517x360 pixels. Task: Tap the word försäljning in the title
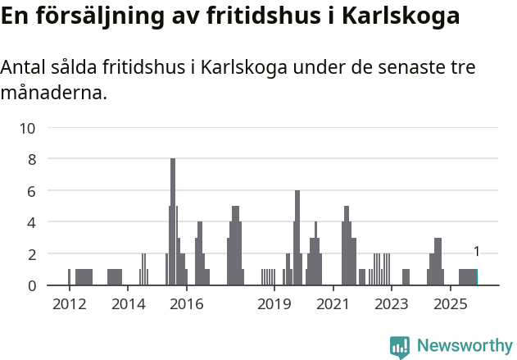click(x=100, y=16)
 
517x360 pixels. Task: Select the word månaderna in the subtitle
click(x=53, y=93)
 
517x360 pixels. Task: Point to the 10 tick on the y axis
click(x=28, y=128)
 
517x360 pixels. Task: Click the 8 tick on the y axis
click(x=32, y=159)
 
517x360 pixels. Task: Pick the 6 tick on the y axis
click(x=32, y=191)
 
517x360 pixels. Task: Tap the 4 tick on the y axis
click(x=32, y=222)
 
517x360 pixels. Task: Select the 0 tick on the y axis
click(x=32, y=285)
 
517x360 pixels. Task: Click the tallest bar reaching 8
click(x=173, y=221)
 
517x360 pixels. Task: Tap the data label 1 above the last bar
click(x=476, y=253)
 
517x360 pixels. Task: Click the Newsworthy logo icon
click(x=400, y=347)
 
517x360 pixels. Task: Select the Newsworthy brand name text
click(x=464, y=347)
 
